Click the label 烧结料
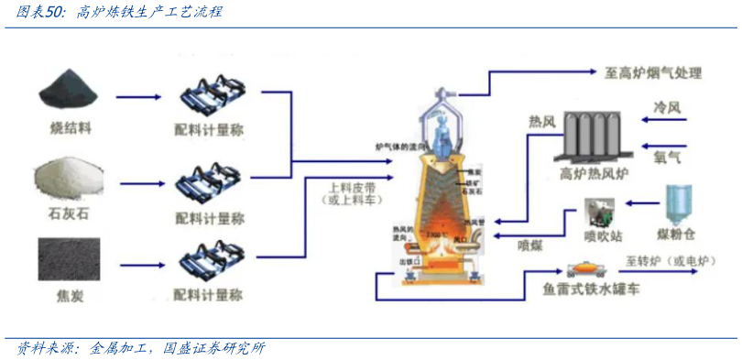[71, 127]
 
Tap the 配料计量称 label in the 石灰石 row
[209, 218]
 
